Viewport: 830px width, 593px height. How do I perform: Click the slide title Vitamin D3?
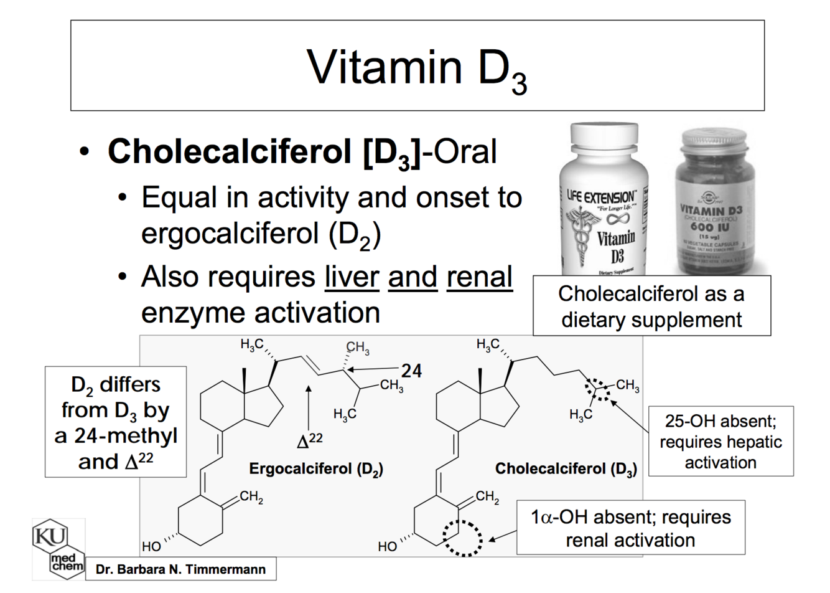click(417, 67)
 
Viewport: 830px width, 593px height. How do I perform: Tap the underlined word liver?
click(352, 277)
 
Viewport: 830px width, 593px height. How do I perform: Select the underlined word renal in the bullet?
click(479, 277)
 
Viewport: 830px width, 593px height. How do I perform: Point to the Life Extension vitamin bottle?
click(602, 199)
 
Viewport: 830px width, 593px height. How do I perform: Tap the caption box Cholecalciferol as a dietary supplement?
click(651, 306)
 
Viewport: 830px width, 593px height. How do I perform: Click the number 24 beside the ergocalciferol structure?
click(411, 371)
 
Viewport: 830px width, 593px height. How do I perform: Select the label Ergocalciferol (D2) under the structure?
click(316, 468)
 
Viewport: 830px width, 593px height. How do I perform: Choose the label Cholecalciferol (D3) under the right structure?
click(566, 468)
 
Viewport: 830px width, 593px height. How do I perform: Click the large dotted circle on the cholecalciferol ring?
click(463, 537)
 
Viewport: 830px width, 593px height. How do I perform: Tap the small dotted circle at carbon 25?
click(597, 389)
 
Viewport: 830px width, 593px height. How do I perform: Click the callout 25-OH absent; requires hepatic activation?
click(720, 442)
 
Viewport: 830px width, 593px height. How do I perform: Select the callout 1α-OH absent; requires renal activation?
click(630, 528)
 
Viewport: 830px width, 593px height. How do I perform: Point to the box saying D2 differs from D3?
click(116, 422)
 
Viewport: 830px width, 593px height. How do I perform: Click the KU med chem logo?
click(58, 548)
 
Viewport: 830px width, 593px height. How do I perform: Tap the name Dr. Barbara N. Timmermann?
click(180, 569)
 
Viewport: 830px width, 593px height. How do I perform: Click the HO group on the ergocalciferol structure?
click(151, 546)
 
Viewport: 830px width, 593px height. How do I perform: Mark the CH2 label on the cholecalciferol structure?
click(487, 496)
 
